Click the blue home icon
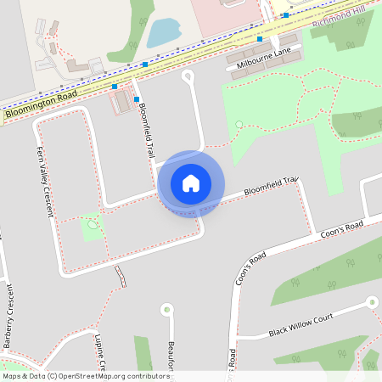pos(191,183)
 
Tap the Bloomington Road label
pos(40,102)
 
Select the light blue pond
pos(162,33)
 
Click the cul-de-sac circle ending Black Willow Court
pos(371,301)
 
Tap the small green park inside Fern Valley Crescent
pos(92,227)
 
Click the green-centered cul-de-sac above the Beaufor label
pos(166,308)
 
